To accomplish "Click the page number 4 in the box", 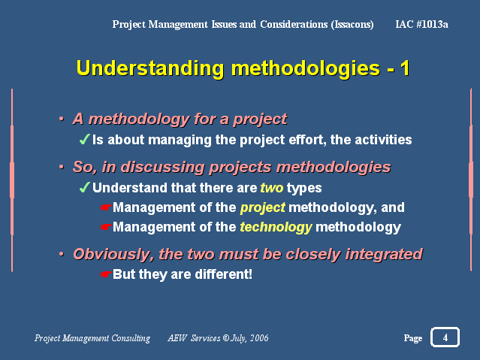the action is click(x=445, y=337).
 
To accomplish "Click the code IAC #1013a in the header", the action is click(x=421, y=24).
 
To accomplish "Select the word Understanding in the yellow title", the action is click(x=150, y=68).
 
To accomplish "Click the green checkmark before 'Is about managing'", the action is click(x=84, y=139).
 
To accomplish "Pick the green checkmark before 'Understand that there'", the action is click(x=84, y=187).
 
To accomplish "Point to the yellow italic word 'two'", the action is click(x=271, y=188).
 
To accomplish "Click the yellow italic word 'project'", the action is click(x=263, y=208).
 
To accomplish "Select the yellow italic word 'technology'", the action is click(x=276, y=227).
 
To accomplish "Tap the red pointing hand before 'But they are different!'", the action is click(x=105, y=274).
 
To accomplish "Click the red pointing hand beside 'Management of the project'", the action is click(x=105, y=207).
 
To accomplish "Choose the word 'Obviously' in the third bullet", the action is click(x=113, y=255).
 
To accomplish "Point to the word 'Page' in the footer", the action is click(x=413, y=338).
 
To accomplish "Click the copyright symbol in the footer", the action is click(x=226, y=338).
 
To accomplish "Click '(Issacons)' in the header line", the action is click(x=352, y=24).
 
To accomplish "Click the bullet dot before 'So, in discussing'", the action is click(x=62, y=167).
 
